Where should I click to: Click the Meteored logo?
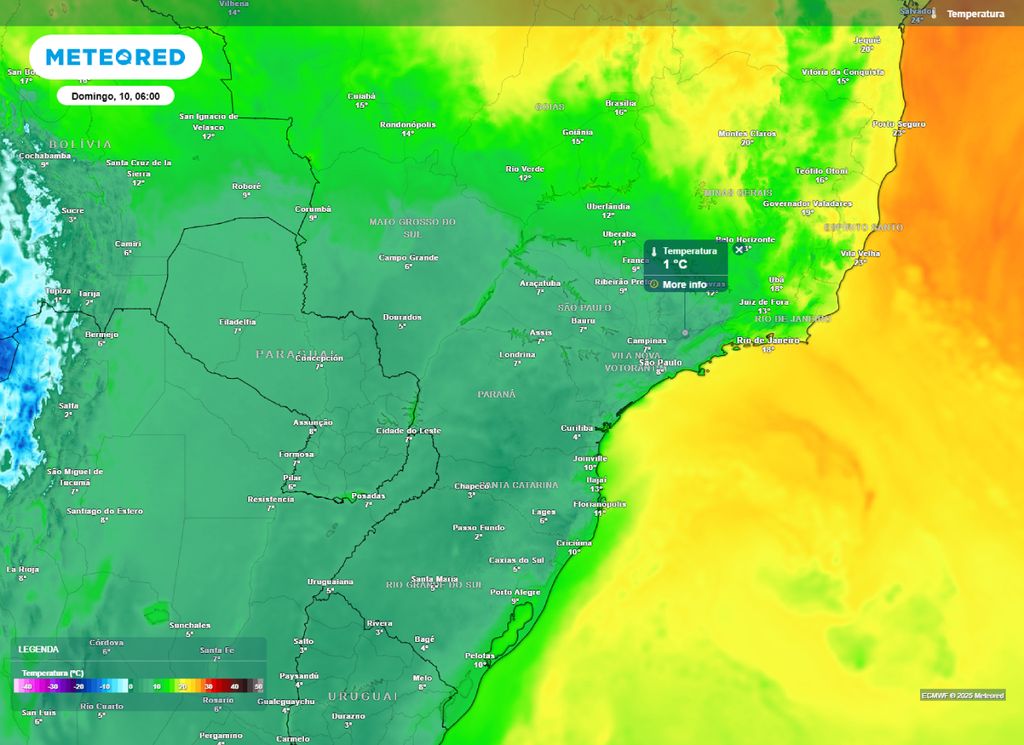click(x=116, y=58)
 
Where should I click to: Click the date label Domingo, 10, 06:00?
click(x=116, y=96)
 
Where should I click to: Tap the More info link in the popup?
click(x=684, y=285)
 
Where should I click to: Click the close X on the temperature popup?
click(x=739, y=250)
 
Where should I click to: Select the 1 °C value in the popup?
click(x=675, y=265)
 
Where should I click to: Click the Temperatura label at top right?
click(x=974, y=14)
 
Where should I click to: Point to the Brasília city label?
click(x=621, y=103)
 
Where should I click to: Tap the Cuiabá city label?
click(x=361, y=96)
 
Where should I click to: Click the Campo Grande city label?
click(x=408, y=258)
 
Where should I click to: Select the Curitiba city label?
click(x=577, y=428)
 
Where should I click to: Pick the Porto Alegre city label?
click(x=515, y=592)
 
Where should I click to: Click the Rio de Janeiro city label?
click(x=768, y=341)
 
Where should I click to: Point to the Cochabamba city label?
click(x=45, y=156)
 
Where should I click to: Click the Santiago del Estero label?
click(x=104, y=511)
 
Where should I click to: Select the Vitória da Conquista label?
click(x=843, y=72)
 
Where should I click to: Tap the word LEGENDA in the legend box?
click(x=38, y=649)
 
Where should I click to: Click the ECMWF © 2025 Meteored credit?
click(x=962, y=695)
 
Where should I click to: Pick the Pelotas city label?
click(x=480, y=655)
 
